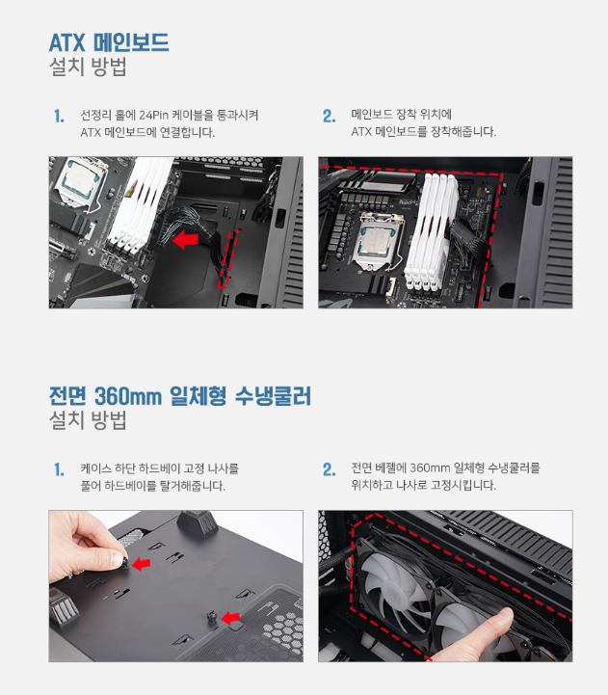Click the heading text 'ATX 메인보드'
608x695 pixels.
(x=109, y=42)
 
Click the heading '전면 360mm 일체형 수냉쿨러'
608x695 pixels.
(x=180, y=396)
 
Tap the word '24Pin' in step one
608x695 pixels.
(x=153, y=116)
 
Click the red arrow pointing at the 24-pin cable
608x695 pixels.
(x=185, y=240)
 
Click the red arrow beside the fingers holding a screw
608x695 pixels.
(x=142, y=564)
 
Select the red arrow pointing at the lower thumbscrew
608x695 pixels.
(x=230, y=618)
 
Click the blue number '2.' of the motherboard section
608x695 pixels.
(x=330, y=116)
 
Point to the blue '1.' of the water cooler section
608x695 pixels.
(x=59, y=469)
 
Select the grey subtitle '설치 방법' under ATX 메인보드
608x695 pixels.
(x=88, y=67)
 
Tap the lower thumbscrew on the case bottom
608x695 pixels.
(x=212, y=617)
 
